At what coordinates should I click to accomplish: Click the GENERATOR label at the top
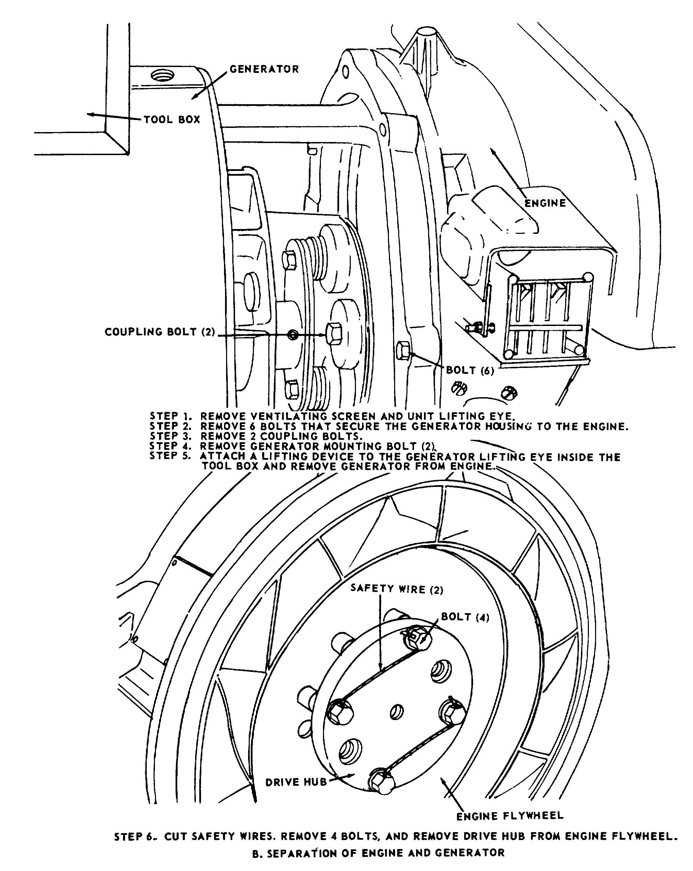click(264, 69)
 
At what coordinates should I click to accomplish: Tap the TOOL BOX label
click(172, 120)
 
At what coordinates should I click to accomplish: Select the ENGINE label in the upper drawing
click(545, 203)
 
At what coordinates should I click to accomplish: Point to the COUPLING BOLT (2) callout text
click(160, 332)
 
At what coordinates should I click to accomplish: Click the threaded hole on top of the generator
click(162, 75)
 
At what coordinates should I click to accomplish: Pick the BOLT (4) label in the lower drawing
click(465, 617)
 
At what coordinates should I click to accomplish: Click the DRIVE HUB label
click(296, 783)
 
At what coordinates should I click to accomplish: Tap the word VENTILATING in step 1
click(289, 416)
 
